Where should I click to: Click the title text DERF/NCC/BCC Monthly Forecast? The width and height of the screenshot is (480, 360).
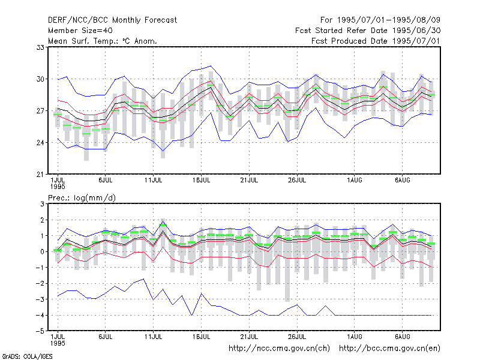click(x=112, y=20)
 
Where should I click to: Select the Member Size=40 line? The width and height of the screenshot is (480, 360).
click(x=80, y=31)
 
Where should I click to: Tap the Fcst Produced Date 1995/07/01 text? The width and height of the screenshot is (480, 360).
click(x=376, y=41)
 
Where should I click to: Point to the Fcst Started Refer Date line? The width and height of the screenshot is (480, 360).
click(x=368, y=31)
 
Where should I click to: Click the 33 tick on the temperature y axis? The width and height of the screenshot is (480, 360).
click(x=40, y=47)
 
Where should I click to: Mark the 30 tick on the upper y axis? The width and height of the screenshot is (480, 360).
click(x=40, y=79)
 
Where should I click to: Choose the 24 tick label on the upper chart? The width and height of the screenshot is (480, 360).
click(x=40, y=143)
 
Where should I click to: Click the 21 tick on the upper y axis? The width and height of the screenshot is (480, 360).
click(x=40, y=175)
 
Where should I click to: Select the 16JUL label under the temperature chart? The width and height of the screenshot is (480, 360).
click(x=201, y=180)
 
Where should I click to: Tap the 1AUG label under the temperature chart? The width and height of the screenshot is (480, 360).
click(x=355, y=180)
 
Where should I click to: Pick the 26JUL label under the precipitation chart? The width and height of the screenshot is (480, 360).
click(x=297, y=337)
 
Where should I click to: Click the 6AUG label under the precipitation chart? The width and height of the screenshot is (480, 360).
click(x=402, y=337)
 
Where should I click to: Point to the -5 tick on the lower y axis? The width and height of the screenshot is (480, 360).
click(x=40, y=331)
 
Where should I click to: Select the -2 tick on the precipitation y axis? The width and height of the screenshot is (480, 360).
click(x=40, y=283)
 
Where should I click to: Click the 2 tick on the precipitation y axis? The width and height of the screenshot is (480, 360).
click(x=42, y=220)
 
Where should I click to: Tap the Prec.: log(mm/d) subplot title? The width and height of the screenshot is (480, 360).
click(x=82, y=198)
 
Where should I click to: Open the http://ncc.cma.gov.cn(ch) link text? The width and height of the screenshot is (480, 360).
click(x=279, y=349)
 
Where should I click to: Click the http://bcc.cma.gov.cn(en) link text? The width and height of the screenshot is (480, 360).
click(x=389, y=349)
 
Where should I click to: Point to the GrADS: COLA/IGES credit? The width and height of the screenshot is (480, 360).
click(x=28, y=356)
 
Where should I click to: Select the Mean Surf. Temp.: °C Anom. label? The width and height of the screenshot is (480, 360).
click(x=103, y=41)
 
